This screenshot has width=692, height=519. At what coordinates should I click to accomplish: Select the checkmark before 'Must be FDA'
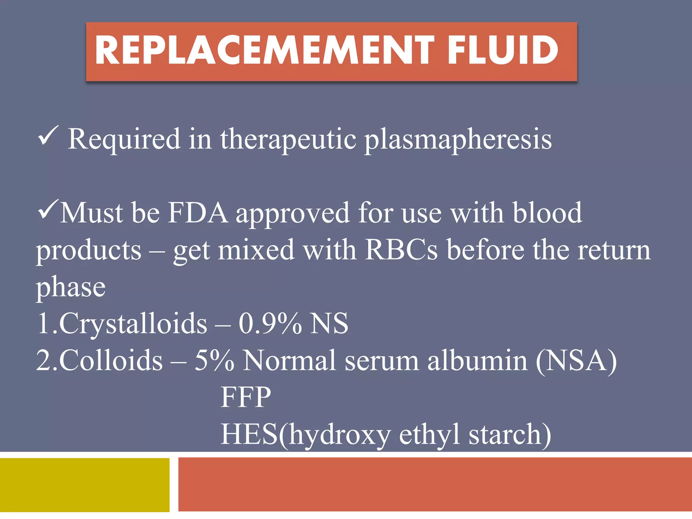[x=48, y=209]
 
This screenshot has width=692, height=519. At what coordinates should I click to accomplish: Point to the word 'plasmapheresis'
[x=458, y=140]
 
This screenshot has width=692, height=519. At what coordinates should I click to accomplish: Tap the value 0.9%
[x=270, y=324]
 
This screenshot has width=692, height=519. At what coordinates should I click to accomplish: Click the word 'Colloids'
[x=111, y=361]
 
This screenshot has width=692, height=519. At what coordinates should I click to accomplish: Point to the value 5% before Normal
[x=214, y=361]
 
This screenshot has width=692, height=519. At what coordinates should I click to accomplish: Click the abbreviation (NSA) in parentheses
[x=576, y=361]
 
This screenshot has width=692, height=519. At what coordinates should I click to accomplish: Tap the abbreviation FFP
[x=246, y=397]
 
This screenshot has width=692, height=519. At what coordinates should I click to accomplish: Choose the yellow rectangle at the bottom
[x=84, y=485]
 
